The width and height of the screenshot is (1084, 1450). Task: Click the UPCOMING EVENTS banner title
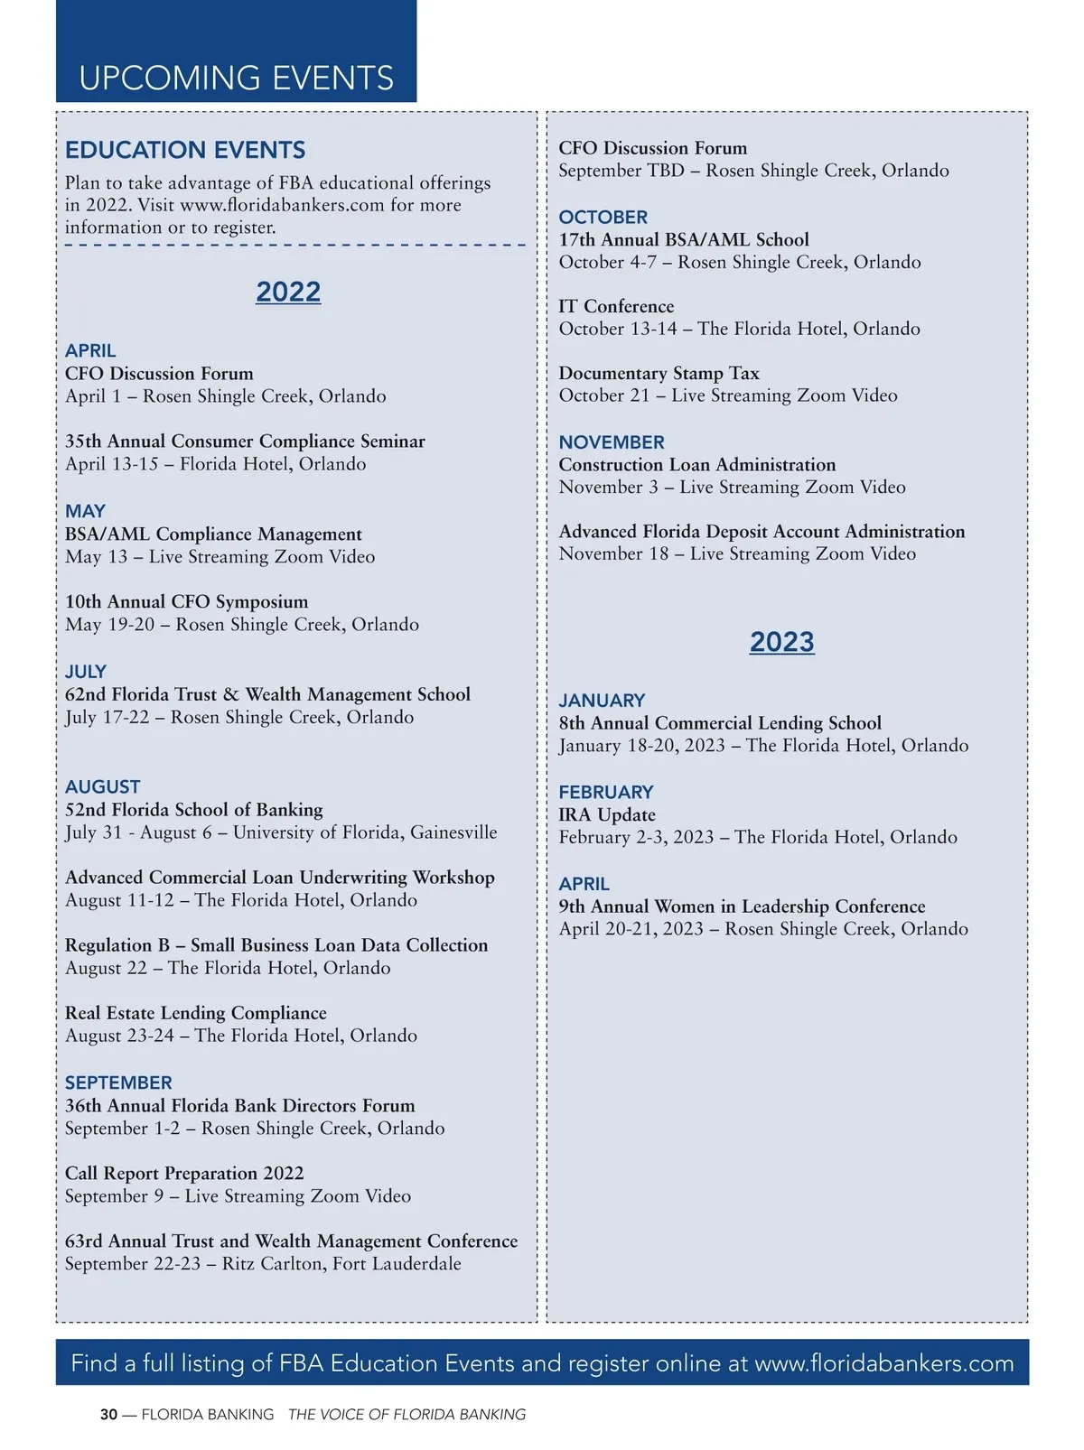tap(236, 79)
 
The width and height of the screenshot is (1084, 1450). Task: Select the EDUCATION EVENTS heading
tap(185, 150)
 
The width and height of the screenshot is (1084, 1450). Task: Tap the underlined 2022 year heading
tap(288, 292)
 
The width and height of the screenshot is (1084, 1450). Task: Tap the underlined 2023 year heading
tap(781, 642)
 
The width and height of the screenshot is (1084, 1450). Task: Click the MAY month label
tap(85, 511)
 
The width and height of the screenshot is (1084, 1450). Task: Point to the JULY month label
tap(86, 672)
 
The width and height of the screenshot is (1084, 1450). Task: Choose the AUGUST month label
tap(103, 786)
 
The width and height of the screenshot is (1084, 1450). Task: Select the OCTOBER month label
tap(603, 218)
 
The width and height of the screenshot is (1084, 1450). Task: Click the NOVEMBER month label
tap(612, 442)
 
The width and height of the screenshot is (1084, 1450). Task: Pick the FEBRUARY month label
tap(605, 792)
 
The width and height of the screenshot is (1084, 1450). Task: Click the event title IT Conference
tap(616, 306)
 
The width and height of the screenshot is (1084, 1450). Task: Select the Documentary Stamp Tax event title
tap(659, 373)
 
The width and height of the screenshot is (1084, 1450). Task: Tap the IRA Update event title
tap(607, 814)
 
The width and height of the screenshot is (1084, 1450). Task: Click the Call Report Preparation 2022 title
tap(184, 1173)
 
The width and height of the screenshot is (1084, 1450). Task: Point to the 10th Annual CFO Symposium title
tap(186, 601)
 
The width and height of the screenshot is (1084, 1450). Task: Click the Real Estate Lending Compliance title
tap(195, 1013)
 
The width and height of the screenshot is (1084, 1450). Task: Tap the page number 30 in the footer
tap(108, 1415)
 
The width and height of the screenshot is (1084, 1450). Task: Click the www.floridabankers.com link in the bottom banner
tap(884, 1362)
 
